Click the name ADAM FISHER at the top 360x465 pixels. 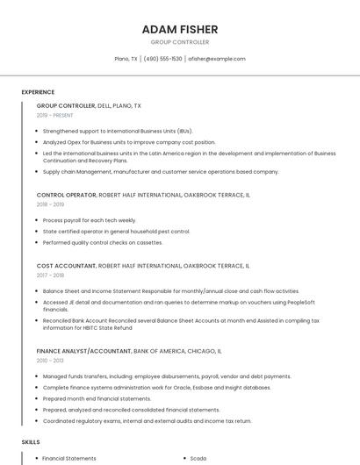(179, 29)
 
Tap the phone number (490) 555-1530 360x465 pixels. (162, 59)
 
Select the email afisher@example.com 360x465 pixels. (218, 59)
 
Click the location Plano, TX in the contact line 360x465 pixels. (126, 59)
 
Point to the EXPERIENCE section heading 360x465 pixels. (38, 91)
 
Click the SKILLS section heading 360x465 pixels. (31, 442)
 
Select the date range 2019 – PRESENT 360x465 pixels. (55, 115)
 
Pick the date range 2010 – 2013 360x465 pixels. (50, 360)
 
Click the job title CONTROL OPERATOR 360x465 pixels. (66, 195)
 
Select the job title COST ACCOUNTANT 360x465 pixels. (66, 265)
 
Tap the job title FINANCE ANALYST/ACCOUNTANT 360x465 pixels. (83, 350)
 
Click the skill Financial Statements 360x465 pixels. (69, 458)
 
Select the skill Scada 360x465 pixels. (198, 458)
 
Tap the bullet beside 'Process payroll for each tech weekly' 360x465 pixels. (36, 220)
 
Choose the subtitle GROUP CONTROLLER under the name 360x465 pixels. (179, 42)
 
